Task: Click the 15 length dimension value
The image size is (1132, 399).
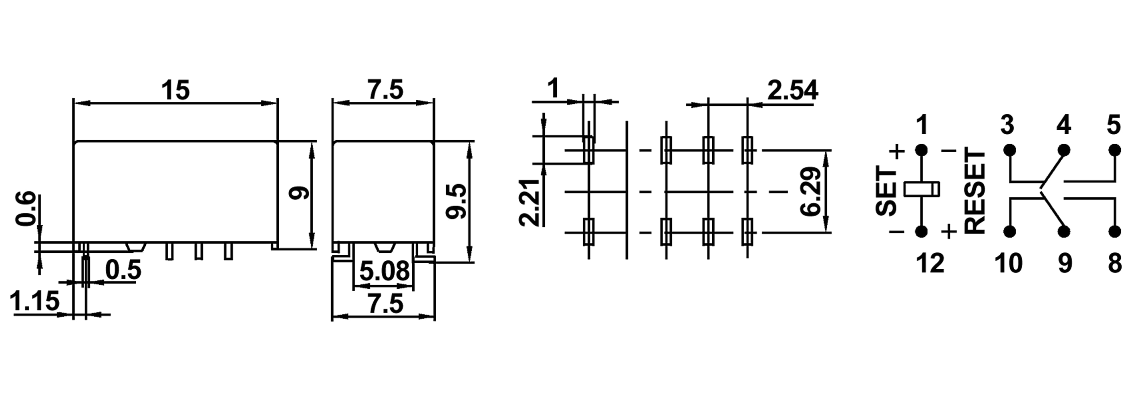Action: (175, 90)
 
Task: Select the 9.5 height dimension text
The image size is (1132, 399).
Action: (455, 201)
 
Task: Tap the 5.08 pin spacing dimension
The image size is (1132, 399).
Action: (384, 271)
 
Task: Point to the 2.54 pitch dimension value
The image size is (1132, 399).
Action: (792, 90)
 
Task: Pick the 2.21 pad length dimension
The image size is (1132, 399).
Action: (529, 202)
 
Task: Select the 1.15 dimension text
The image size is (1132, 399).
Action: (34, 301)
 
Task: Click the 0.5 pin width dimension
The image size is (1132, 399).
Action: (123, 270)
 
